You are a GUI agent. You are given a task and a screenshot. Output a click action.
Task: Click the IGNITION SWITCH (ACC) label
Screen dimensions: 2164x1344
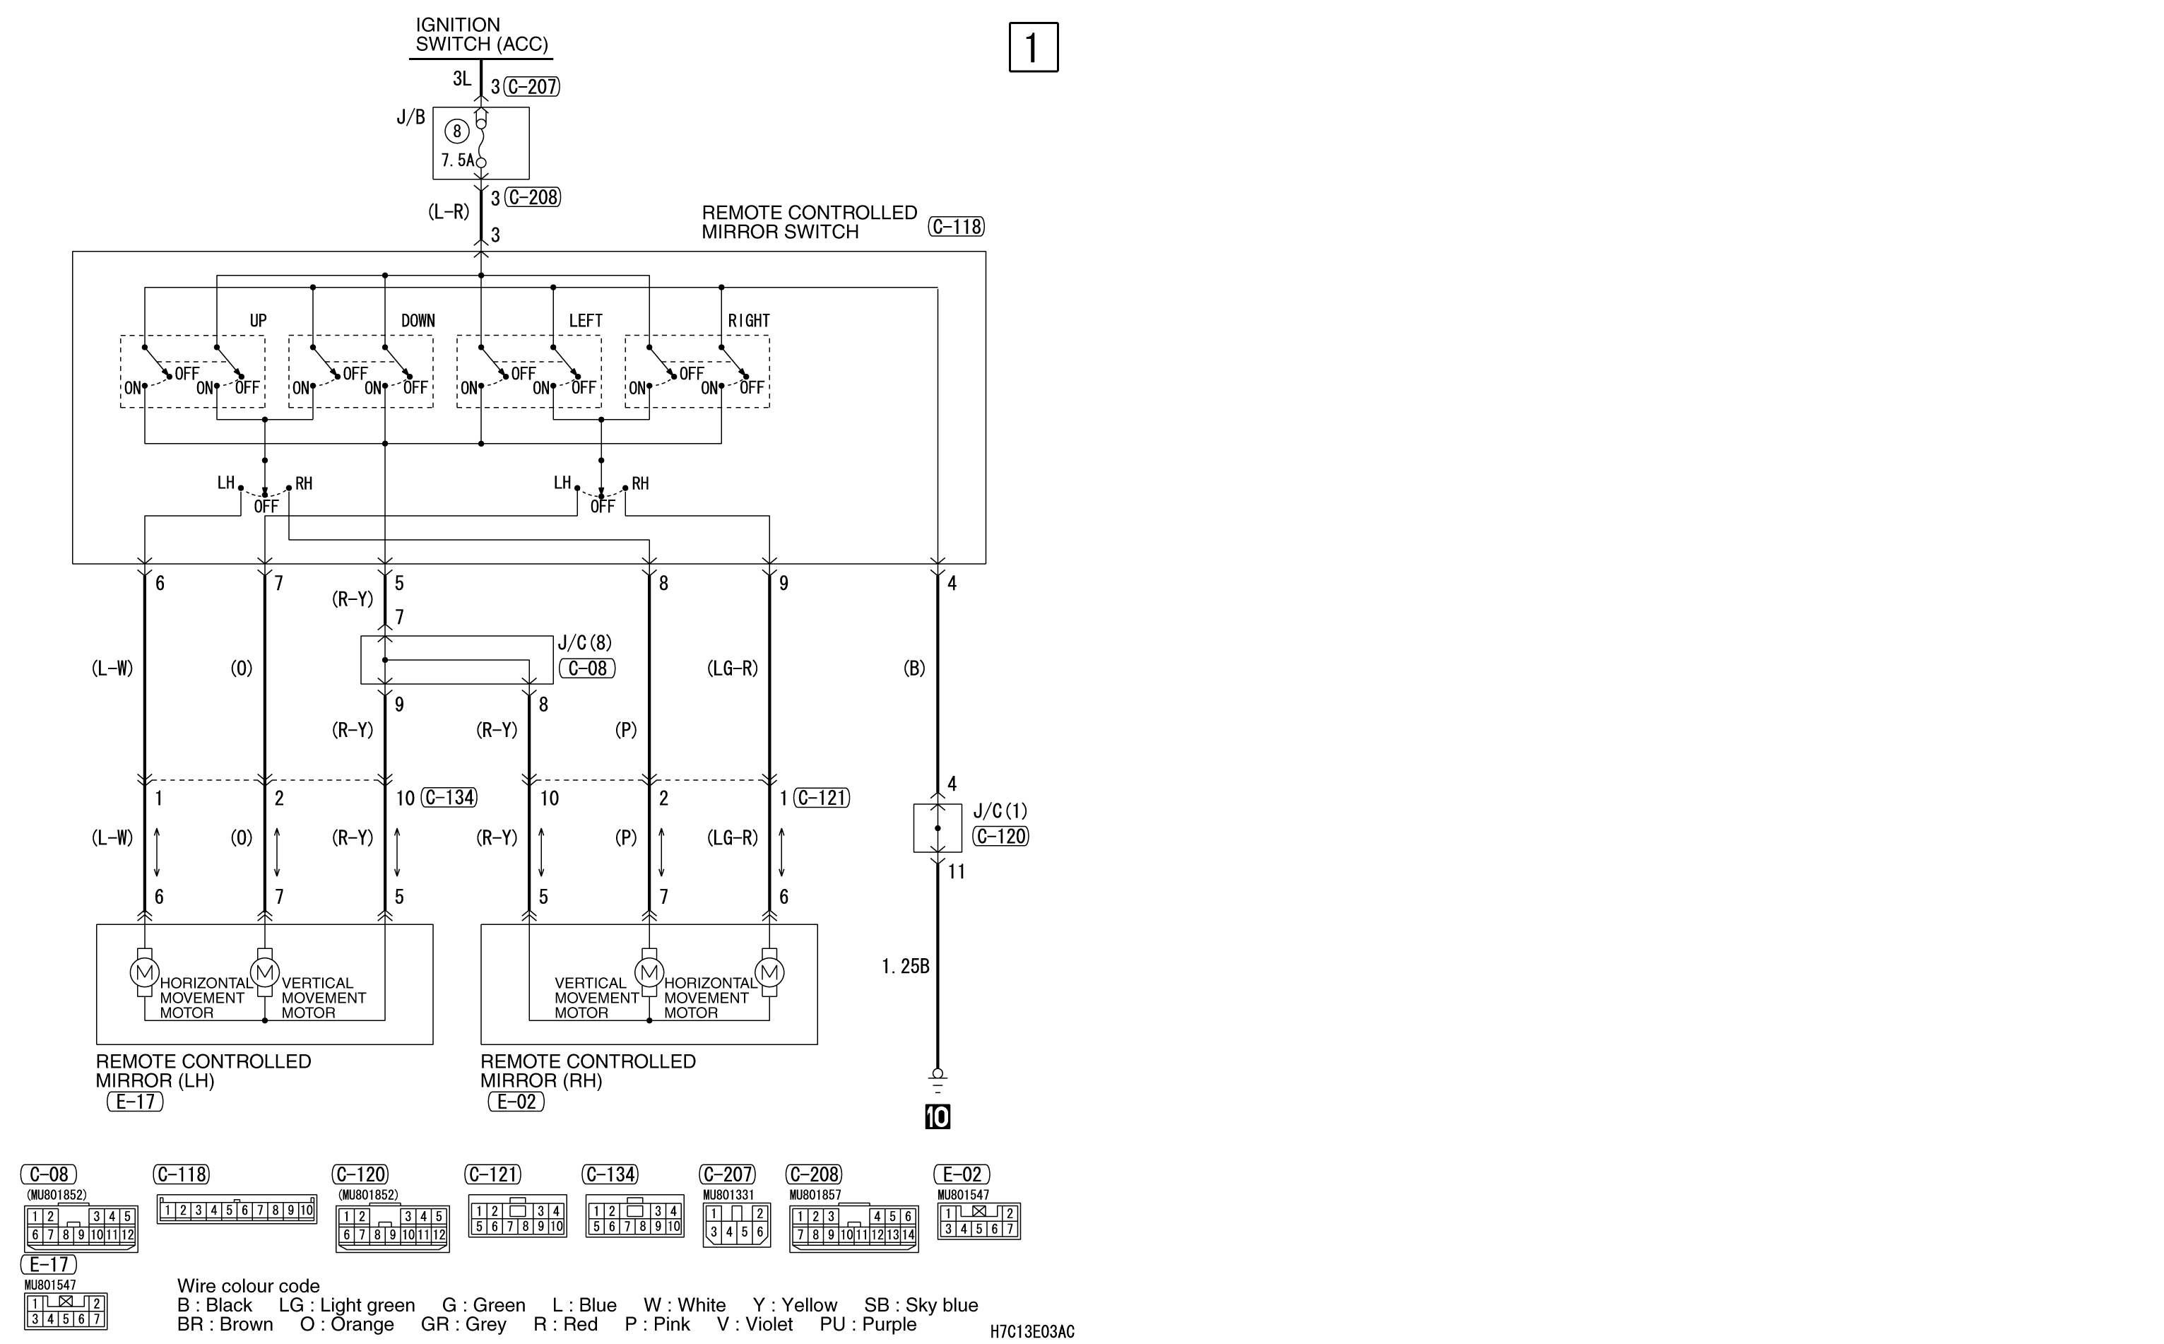482,35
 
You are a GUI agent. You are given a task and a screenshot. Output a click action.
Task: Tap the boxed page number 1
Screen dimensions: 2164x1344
1034,47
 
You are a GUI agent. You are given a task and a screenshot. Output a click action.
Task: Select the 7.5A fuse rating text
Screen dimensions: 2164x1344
458,161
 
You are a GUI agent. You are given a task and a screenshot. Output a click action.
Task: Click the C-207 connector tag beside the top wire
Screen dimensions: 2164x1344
531,87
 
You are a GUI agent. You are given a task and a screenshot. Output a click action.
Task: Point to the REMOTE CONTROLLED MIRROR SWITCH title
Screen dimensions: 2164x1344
809,222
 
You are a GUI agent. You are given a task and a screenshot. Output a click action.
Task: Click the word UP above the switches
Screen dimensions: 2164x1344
258,321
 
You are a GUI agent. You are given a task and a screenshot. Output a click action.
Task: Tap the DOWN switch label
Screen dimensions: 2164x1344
418,321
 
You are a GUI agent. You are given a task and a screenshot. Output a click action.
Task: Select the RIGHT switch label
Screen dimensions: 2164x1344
748,321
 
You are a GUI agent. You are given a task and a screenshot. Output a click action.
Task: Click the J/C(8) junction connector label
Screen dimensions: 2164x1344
585,642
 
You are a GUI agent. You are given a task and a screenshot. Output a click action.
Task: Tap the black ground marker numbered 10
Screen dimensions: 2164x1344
938,1116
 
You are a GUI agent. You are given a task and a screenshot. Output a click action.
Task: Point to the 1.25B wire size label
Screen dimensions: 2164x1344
906,966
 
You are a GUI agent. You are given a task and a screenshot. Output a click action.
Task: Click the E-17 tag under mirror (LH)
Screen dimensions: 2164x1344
136,1102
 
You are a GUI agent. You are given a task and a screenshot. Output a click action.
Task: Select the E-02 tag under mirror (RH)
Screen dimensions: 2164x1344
516,1102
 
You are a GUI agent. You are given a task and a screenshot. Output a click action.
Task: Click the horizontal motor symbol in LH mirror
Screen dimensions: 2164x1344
145,972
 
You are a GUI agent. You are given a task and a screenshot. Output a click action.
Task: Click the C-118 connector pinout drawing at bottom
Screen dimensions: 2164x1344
237,1210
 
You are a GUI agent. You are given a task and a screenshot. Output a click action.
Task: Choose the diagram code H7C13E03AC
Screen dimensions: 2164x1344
1033,1331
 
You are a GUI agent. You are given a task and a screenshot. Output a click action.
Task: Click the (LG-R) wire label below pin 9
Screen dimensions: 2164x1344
733,668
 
